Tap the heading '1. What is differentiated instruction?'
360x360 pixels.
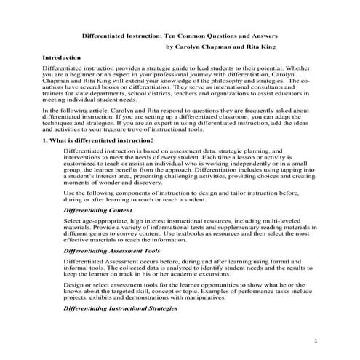point(97,140)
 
